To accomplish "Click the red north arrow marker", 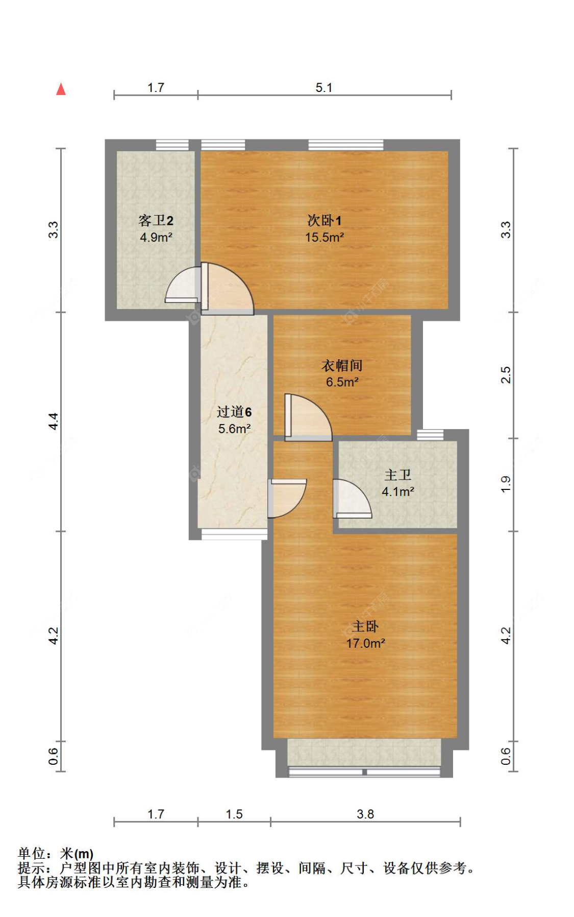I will (61, 89).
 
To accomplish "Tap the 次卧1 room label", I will (324, 220).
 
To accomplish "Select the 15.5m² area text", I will (324, 238).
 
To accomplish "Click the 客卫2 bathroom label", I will (156, 220).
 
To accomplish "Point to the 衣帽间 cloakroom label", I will (341, 365).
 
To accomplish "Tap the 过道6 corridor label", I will (234, 412).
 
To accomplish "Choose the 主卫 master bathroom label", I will (397, 475).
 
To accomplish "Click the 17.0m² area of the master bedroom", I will (365, 644).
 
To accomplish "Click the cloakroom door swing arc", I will (309, 416).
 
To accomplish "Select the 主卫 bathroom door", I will (351, 499).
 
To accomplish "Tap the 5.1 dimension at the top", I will (323, 87).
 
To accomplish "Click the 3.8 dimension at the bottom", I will (365, 814).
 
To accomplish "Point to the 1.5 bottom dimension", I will (234, 814).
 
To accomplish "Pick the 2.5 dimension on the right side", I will (505, 375).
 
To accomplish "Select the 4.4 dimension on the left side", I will (54, 421).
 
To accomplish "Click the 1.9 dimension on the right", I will (505, 484).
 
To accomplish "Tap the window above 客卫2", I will (172, 145).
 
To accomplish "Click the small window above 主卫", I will (430, 435).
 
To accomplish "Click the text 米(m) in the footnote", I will (77, 854).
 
